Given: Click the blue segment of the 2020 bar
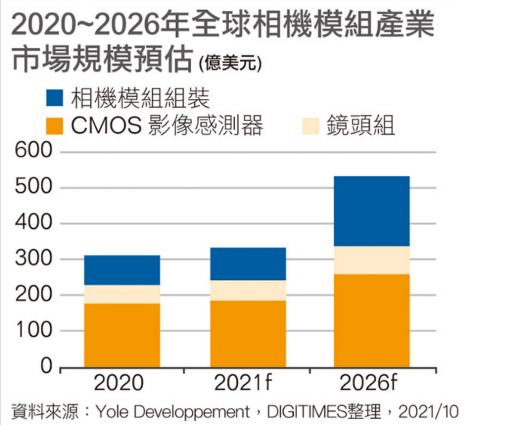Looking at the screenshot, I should tap(122, 270).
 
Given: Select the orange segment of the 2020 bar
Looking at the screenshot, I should tap(122, 335).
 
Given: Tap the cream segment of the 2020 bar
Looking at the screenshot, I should tap(122, 294).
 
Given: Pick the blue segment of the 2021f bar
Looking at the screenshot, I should tap(248, 264).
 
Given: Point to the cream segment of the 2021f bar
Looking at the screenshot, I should tap(248, 290).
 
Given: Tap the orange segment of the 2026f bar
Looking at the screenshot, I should tap(371, 320).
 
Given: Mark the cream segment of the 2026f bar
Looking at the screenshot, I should tap(371, 260).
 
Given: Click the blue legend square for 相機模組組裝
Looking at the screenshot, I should tap(54, 98).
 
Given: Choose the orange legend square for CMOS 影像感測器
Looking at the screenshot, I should tap(54, 126).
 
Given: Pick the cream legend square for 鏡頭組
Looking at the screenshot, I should tap(310, 126).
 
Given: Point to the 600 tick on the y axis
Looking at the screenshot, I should tap(34, 150).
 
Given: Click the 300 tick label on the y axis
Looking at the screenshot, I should tap(34, 258).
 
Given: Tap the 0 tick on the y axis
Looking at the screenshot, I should tap(46, 366).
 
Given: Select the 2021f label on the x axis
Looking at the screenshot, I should tap(243, 383).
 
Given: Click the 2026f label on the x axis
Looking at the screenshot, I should tap(368, 383).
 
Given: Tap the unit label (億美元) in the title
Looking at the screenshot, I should tap(230, 63).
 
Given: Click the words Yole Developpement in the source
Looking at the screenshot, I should tap(173, 412).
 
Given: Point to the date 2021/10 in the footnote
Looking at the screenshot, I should tap(429, 412).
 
